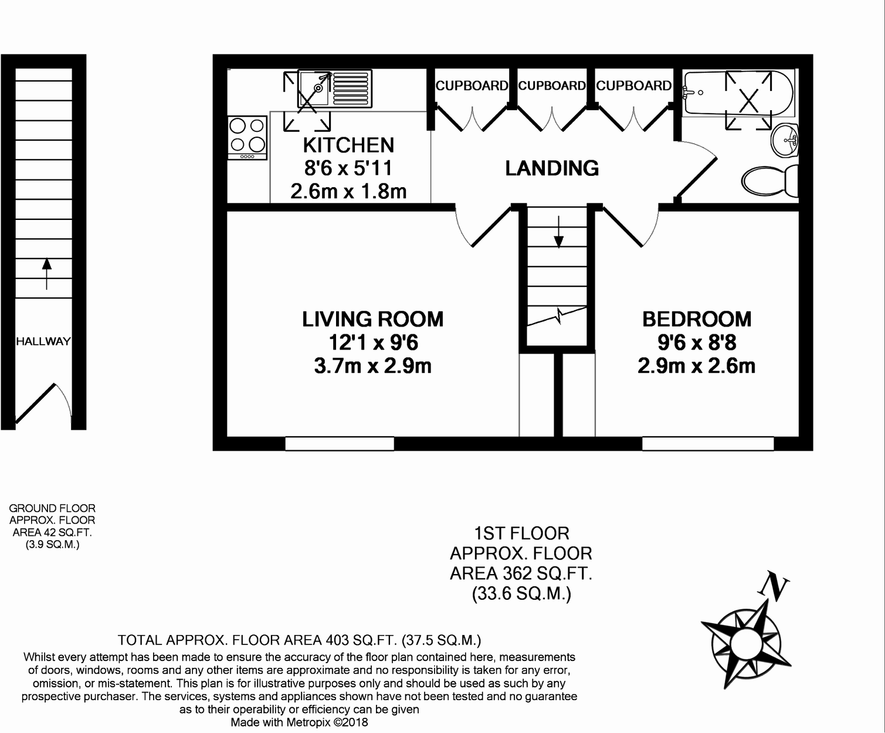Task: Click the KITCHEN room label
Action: (348, 145)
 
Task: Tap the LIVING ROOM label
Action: (372, 320)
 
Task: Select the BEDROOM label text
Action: (696, 320)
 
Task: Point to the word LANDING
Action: (552, 169)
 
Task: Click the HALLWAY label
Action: (43, 341)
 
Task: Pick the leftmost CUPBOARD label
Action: (472, 86)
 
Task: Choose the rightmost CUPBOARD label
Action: (633, 86)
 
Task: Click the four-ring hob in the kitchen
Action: (247, 137)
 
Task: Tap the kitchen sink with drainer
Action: (334, 89)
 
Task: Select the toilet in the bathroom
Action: (768, 181)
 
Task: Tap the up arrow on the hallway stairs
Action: (46, 273)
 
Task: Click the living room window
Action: (339, 444)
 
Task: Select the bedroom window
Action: (707, 444)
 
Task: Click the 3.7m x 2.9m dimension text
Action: (372, 366)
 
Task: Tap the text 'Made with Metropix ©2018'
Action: (299, 722)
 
